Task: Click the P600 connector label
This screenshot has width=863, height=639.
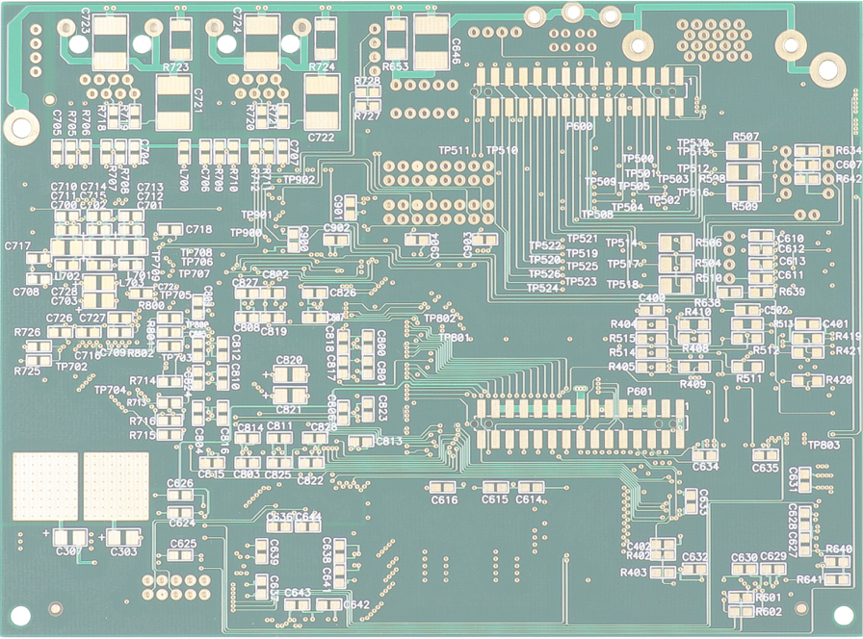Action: pyautogui.click(x=580, y=126)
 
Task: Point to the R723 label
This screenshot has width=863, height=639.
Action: pyautogui.click(x=176, y=67)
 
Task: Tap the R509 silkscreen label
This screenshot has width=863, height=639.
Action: pyautogui.click(x=745, y=206)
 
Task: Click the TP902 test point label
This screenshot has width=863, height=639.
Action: pyautogui.click(x=299, y=180)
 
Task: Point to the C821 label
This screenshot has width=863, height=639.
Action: pyautogui.click(x=289, y=410)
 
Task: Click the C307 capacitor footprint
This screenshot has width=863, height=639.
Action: pyautogui.click(x=68, y=536)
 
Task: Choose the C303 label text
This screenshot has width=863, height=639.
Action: pyautogui.click(x=123, y=551)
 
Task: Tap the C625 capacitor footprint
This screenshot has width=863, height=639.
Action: pyautogui.click(x=183, y=557)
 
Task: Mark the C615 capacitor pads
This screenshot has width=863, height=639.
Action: pyautogui.click(x=495, y=487)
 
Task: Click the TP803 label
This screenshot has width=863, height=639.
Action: pyautogui.click(x=824, y=445)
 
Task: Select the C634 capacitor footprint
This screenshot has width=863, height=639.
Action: pyautogui.click(x=705, y=453)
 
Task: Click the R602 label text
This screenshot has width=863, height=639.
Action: pyautogui.click(x=769, y=611)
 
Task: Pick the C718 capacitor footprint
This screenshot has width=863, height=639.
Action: pyautogui.click(x=170, y=229)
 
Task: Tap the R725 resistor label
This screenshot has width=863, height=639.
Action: pyautogui.click(x=27, y=371)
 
